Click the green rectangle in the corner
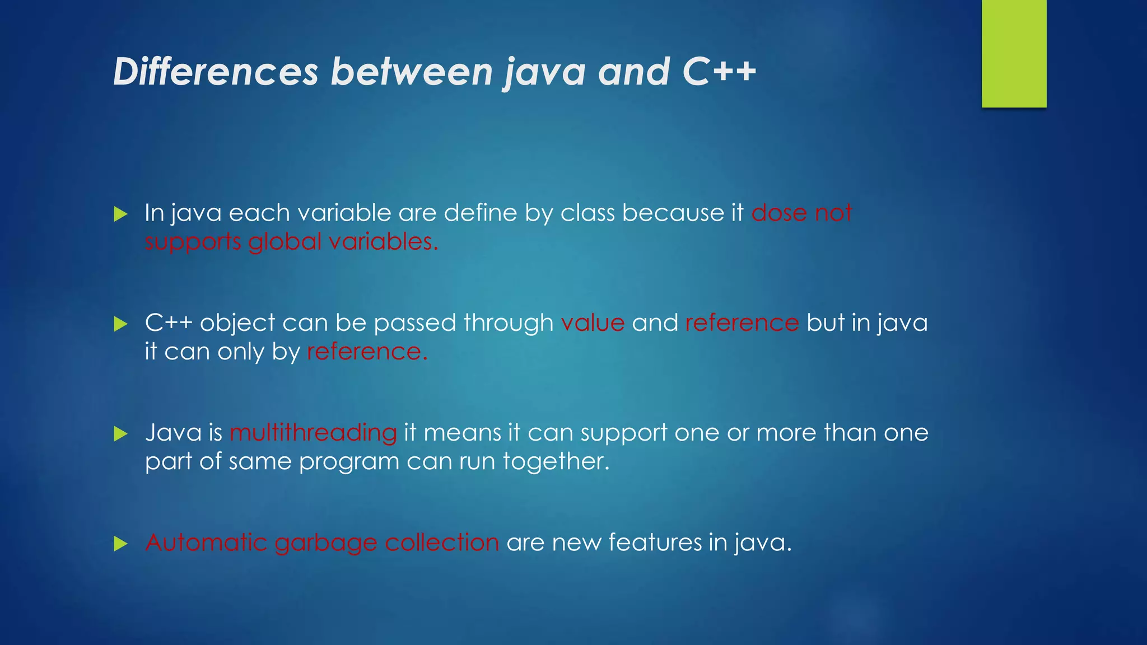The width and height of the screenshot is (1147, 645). click(1014, 53)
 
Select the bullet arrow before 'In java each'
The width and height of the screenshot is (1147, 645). click(120, 214)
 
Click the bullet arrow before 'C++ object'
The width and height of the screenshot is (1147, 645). click(120, 324)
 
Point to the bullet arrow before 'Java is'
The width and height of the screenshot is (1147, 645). click(120, 433)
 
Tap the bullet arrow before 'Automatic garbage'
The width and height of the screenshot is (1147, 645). click(120, 543)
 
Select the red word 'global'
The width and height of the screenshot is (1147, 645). click(285, 242)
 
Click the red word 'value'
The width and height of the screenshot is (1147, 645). click(593, 323)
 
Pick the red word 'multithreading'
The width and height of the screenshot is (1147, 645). click(313, 433)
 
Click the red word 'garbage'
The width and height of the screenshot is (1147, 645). click(326, 543)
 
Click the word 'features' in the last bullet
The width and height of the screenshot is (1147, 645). click(655, 542)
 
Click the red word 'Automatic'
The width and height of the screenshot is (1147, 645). click(206, 542)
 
